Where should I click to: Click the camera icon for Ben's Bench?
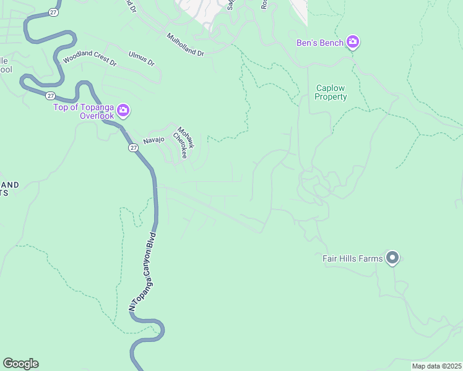353,42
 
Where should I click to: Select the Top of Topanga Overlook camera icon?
123,111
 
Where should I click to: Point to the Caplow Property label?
331,93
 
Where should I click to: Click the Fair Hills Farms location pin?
392,257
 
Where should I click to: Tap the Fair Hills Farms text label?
353,258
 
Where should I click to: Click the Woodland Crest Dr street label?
90,58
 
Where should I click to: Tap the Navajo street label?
154,140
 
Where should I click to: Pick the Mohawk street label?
186,137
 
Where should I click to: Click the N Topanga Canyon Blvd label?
144,270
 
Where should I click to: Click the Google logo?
20,364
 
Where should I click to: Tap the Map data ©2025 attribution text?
436,366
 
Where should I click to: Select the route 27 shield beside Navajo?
134,148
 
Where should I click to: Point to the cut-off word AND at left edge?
9,184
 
